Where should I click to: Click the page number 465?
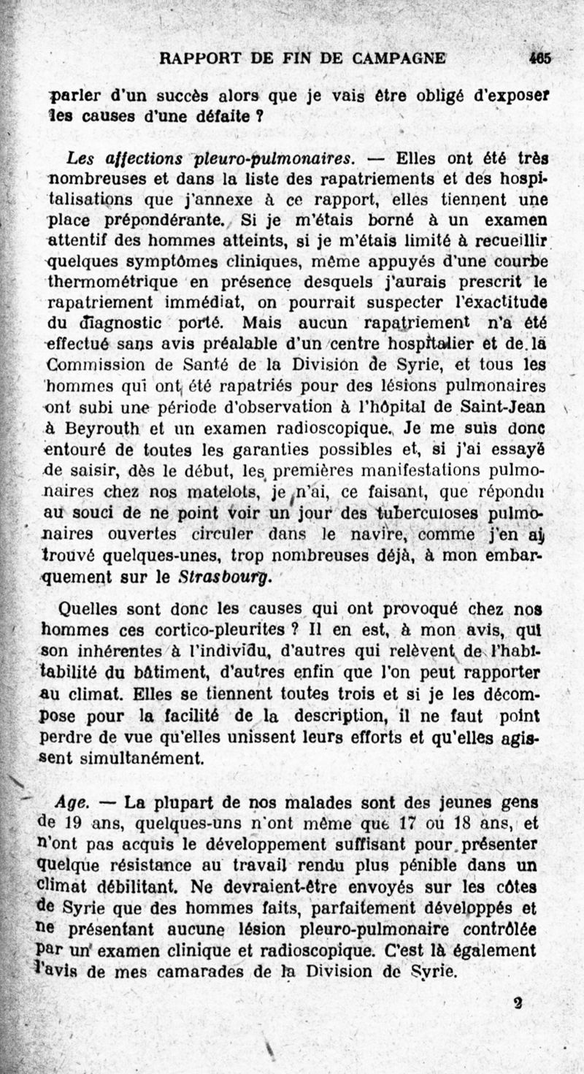coord(540,58)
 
